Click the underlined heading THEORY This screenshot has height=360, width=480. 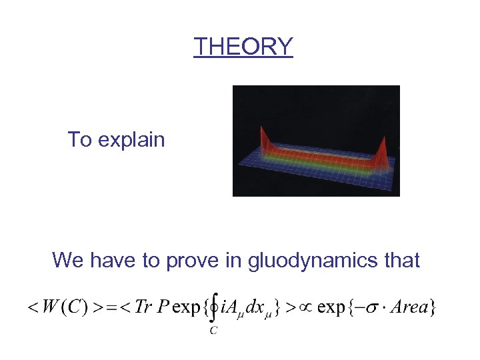tap(243, 47)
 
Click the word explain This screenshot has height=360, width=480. tap(131, 140)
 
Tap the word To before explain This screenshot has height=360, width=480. tap(79, 140)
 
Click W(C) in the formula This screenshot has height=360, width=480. tap(61, 307)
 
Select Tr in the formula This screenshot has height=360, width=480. tap(143, 307)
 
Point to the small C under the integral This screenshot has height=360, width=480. tap(213, 331)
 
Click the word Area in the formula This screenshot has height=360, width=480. tap(412, 307)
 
